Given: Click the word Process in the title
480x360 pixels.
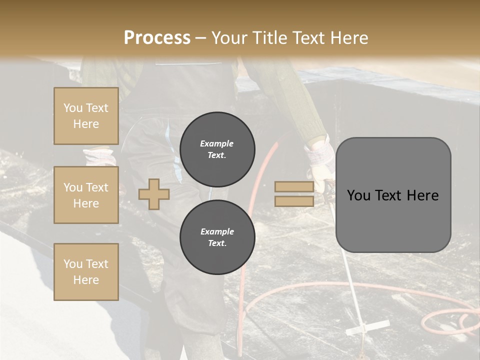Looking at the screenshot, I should coord(157,38).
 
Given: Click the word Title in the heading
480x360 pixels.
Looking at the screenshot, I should coord(267,38).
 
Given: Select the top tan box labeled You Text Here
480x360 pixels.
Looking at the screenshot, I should coord(86,116).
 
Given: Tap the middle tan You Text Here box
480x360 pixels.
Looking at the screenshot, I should coord(86,195).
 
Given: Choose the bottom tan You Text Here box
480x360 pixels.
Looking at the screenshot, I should coord(86,271).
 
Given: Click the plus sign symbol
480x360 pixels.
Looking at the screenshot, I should coord(153,194).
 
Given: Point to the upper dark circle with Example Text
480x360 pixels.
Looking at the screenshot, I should coord(217,149).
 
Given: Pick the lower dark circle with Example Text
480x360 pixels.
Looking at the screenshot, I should coord(217,237).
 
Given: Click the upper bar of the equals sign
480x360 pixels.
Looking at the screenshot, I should coord(294,187).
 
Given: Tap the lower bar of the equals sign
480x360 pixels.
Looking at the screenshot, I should coord(294,201).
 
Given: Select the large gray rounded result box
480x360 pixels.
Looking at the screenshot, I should coord(393,195).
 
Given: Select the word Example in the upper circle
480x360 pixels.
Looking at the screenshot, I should coord(217,143).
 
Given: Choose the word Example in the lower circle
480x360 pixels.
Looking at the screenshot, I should coord(217,231).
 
